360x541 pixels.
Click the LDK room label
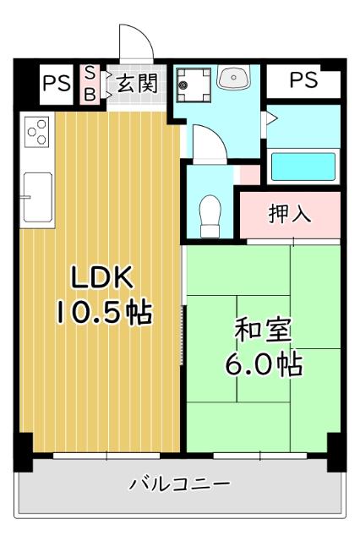point(101,276)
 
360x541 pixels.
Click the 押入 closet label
point(290,214)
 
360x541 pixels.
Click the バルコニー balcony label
point(179,484)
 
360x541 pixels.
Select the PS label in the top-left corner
point(57,83)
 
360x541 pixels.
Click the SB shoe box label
point(90,83)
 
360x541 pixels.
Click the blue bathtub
point(302,165)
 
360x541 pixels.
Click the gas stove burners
point(37,132)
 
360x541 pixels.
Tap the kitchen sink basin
point(37,194)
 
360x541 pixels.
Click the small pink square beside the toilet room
point(248,174)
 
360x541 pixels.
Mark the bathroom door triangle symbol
point(270,119)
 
